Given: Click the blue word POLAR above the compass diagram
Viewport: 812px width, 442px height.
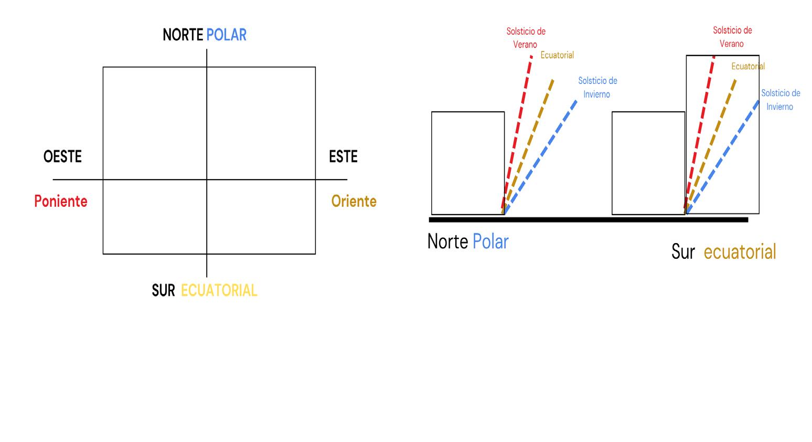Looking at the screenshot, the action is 226,35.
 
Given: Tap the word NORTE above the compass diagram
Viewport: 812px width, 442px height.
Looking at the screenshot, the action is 183,35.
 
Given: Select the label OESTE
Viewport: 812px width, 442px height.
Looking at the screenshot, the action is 62,156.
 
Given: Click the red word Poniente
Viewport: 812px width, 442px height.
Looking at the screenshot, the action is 61,201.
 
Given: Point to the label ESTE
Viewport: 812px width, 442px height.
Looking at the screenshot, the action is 343,156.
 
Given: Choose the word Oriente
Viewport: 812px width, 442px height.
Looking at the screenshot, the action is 354,201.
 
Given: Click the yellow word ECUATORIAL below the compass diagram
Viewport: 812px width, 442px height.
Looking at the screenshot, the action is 219,290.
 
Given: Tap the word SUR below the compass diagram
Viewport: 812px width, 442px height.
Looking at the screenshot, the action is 163,290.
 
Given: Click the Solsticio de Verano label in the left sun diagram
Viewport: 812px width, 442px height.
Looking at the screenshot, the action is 526,38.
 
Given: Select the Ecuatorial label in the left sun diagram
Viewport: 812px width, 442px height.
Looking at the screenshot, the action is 557,55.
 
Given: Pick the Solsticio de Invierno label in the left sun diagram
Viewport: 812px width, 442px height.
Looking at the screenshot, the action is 597,87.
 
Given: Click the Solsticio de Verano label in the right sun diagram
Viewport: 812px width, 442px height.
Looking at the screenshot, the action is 732,37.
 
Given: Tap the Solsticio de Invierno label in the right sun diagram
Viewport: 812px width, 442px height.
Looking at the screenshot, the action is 781,100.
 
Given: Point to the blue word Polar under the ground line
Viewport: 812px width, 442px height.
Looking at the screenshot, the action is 490,241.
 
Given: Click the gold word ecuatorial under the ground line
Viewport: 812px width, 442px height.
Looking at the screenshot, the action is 740,252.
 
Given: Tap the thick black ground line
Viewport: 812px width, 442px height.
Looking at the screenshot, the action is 587,219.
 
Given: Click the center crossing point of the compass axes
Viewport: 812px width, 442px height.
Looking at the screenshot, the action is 207,180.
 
